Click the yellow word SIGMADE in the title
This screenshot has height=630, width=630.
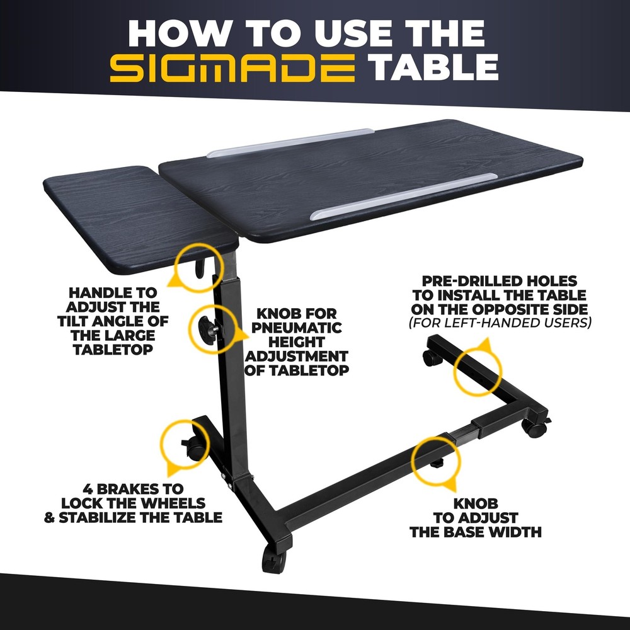[x=232, y=68]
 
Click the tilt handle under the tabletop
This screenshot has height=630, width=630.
[x=200, y=268]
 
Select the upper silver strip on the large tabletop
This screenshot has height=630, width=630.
[x=290, y=142]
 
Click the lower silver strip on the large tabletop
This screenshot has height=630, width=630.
[x=403, y=196]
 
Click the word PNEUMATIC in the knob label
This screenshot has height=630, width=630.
[x=297, y=328]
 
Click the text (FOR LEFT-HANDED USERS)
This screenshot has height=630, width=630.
[x=500, y=323]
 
